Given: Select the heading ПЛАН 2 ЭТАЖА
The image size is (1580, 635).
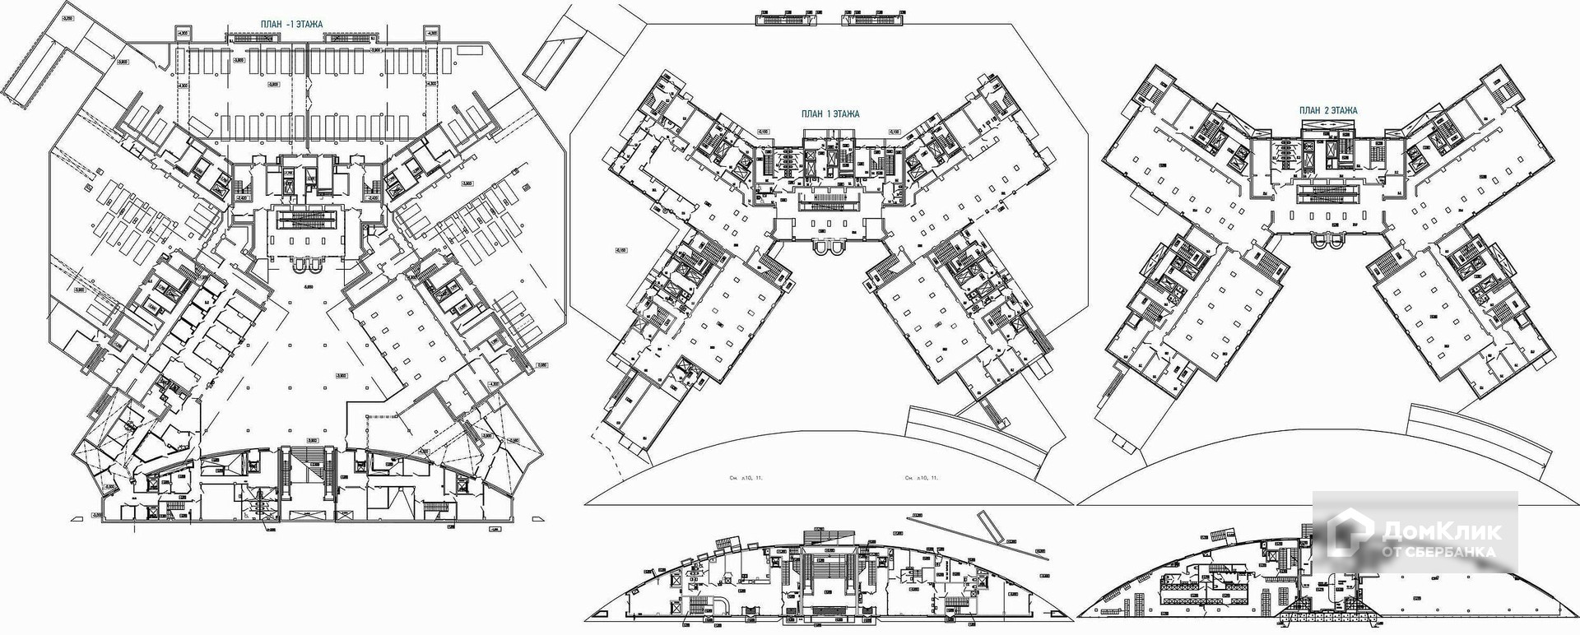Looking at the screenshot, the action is tap(1327, 110).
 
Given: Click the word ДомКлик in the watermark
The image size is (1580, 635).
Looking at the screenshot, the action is tap(1441, 531).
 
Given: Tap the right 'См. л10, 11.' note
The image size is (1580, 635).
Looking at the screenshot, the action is tap(922, 477).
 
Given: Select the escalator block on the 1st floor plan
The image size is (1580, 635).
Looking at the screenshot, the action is tap(829, 199).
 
